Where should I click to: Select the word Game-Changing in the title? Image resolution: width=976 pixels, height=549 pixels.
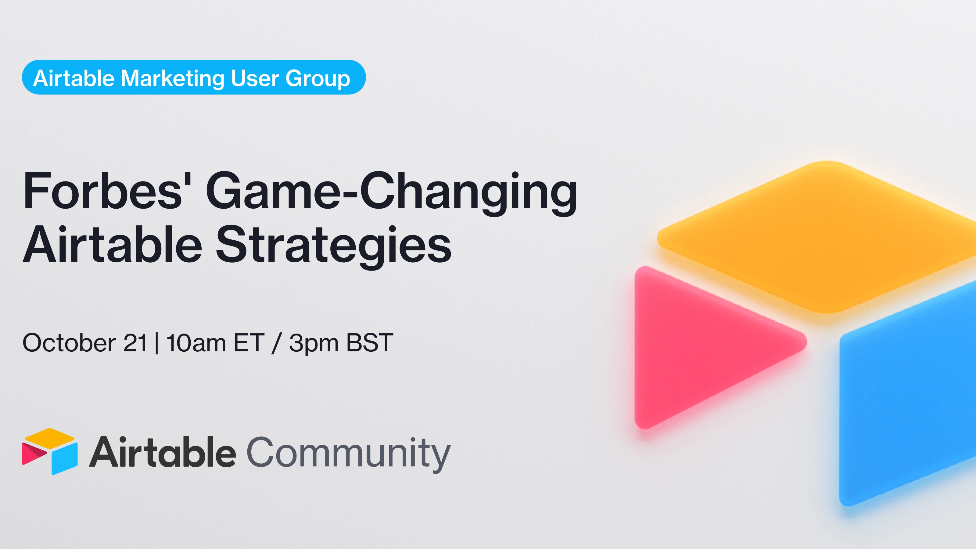pos(392,193)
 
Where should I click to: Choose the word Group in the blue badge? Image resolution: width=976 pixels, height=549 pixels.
pos(318,79)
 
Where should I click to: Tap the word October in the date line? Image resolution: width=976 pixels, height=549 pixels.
pos(69,343)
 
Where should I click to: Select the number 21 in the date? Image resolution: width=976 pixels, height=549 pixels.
pos(135,343)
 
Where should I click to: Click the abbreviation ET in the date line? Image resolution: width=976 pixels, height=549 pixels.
pos(249,343)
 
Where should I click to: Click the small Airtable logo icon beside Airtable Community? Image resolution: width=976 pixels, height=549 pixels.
pos(50,451)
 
